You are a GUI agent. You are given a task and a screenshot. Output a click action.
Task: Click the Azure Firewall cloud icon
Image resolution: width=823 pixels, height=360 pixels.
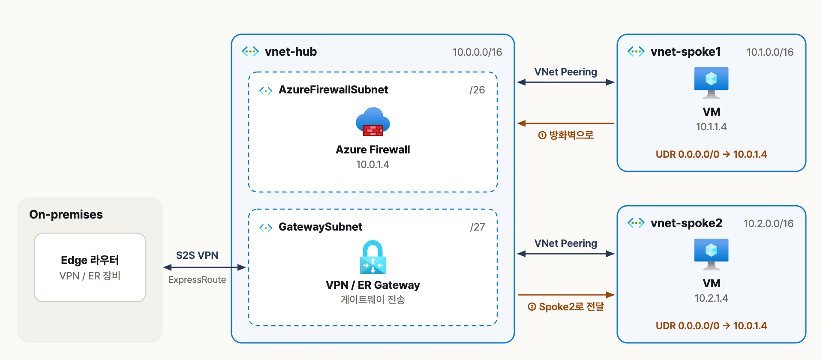pyautogui.click(x=373, y=122)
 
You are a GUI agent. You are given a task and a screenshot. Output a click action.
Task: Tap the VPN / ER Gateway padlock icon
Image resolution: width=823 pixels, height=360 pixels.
pyautogui.click(x=372, y=257)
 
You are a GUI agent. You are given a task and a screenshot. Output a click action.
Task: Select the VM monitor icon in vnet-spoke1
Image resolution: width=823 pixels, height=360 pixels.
pyautogui.click(x=711, y=83)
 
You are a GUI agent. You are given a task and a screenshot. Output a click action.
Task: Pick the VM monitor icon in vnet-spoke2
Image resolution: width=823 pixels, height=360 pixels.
pyautogui.click(x=711, y=254)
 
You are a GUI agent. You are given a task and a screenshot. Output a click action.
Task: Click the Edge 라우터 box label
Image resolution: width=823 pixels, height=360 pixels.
pyautogui.click(x=90, y=260)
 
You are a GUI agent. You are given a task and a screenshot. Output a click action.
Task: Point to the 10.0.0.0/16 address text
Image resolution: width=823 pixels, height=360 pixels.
pyautogui.click(x=477, y=52)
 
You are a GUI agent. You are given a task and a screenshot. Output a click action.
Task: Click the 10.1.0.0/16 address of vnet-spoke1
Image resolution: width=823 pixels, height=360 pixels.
pyautogui.click(x=770, y=52)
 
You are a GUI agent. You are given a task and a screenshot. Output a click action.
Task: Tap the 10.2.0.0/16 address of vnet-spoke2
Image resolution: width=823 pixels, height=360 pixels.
pyautogui.click(x=769, y=224)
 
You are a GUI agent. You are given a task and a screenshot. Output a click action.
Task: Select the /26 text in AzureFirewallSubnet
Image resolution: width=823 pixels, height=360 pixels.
pyautogui.click(x=477, y=90)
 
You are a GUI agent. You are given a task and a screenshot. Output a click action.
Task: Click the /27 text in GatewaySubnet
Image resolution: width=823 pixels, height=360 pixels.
pyautogui.click(x=478, y=227)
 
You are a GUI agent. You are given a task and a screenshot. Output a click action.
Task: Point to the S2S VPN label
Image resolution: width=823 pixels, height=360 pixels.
pyautogui.click(x=197, y=255)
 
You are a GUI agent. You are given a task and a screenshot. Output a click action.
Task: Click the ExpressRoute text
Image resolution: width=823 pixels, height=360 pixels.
pyautogui.click(x=197, y=280)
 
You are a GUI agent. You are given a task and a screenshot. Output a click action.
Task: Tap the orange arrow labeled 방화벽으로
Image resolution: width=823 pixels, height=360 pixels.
pyautogui.click(x=565, y=123)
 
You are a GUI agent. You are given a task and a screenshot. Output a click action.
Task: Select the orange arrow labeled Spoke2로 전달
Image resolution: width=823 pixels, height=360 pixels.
pyautogui.click(x=566, y=295)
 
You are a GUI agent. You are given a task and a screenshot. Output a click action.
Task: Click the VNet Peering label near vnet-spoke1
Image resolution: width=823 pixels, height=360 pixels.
pyautogui.click(x=566, y=72)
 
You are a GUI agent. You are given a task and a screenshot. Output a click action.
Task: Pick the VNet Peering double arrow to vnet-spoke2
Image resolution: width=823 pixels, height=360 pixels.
pyautogui.click(x=566, y=254)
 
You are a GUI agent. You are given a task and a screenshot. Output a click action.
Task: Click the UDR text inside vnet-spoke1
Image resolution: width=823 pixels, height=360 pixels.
pyautogui.click(x=711, y=154)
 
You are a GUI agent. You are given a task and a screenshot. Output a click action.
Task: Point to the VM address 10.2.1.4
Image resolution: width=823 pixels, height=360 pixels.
pyautogui.click(x=711, y=298)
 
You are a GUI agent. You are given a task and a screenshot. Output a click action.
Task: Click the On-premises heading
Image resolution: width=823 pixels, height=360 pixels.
pyautogui.click(x=66, y=214)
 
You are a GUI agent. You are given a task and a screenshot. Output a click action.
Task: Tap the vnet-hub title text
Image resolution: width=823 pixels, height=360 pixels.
pyautogui.click(x=291, y=52)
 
